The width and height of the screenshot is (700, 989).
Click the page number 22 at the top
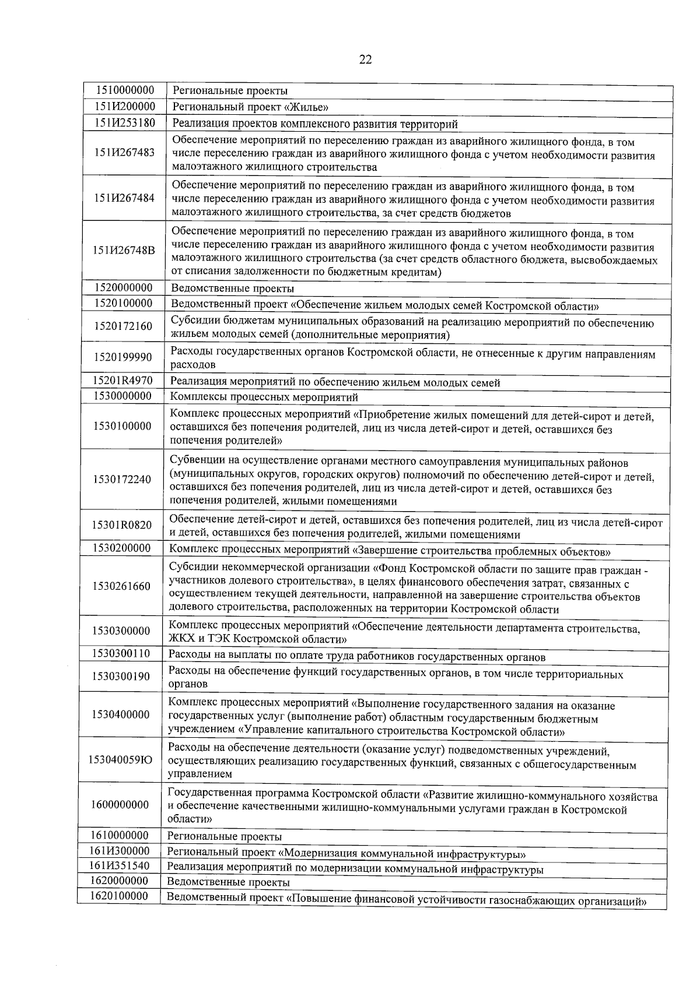click(x=366, y=59)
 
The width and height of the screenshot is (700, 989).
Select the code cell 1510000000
click(x=124, y=90)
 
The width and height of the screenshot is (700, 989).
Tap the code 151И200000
click(x=124, y=106)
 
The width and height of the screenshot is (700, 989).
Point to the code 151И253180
click(x=124, y=122)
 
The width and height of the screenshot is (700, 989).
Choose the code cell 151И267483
click(x=124, y=153)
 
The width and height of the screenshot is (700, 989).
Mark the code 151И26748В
click(x=124, y=251)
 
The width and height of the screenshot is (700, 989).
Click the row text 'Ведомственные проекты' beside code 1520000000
click(x=232, y=289)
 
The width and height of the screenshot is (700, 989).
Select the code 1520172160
click(x=123, y=326)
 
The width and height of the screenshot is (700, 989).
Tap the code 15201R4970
click(x=123, y=381)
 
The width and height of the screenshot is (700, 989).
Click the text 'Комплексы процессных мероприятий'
click(x=264, y=397)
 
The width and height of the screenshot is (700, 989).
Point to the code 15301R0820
click(x=121, y=525)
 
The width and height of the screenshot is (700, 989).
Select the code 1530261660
click(x=121, y=586)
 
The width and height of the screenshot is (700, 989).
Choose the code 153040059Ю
click(x=120, y=759)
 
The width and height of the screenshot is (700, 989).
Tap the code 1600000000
click(x=120, y=805)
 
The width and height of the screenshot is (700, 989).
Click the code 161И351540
click(x=119, y=865)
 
